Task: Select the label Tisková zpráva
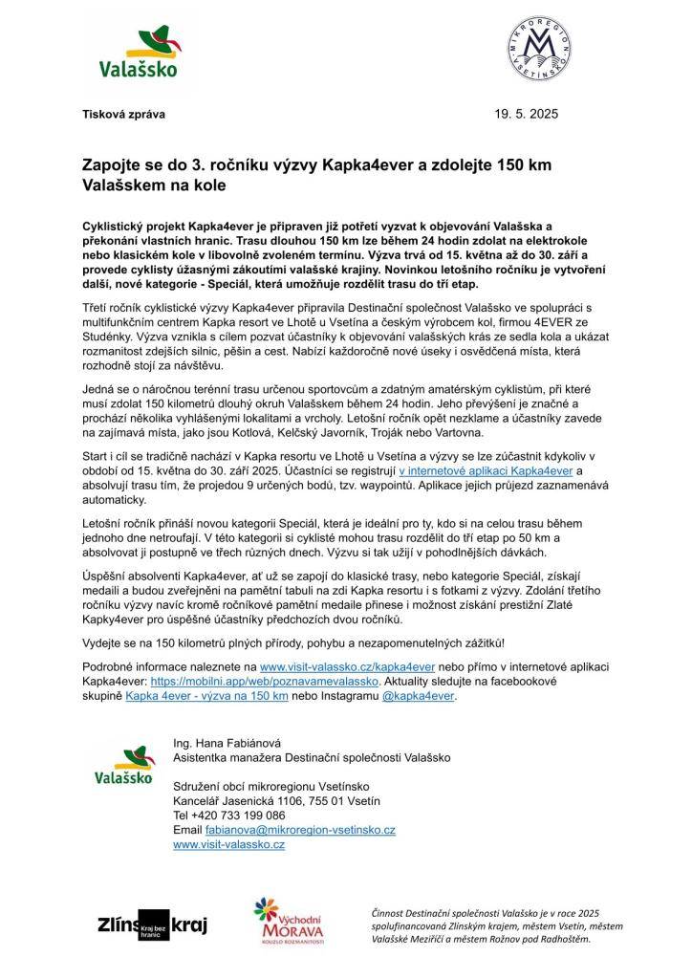122,114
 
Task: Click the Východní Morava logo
289,923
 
